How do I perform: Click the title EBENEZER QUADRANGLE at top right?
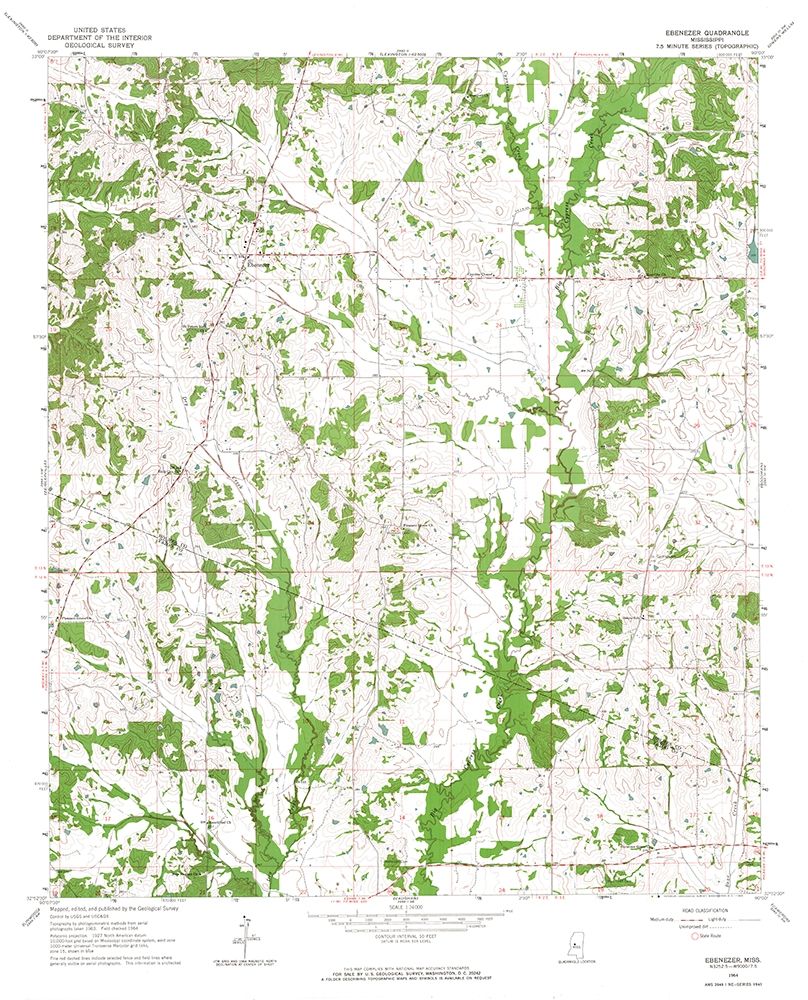coord(699,32)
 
